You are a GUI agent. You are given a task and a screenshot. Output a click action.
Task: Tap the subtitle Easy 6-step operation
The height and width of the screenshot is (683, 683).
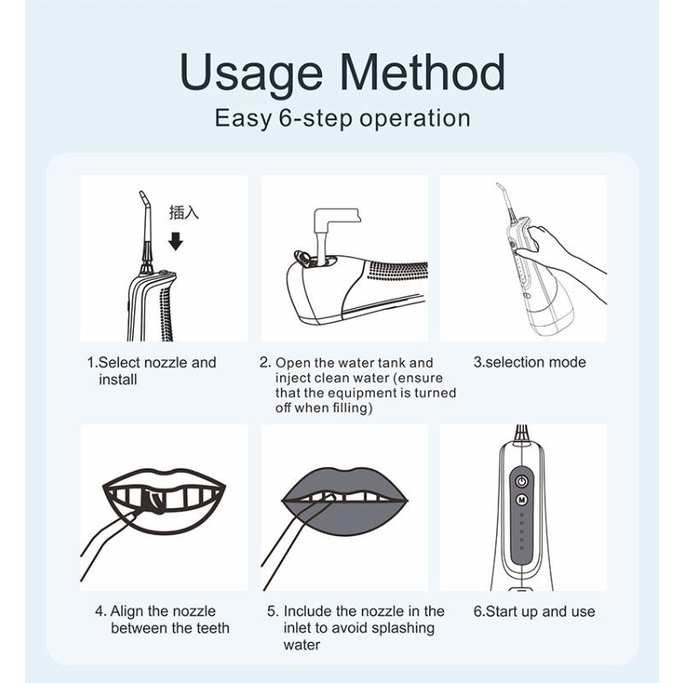(342, 118)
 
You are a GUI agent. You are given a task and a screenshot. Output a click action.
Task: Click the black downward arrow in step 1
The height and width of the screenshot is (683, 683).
(176, 242)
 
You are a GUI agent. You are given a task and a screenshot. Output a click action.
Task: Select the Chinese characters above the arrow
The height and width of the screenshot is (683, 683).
(184, 213)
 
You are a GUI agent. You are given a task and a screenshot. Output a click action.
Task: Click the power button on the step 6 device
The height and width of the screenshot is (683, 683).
(522, 482)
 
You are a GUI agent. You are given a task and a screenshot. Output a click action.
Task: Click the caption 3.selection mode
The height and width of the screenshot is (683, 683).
(529, 362)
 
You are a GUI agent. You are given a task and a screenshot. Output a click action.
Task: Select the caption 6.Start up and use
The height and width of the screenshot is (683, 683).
(534, 611)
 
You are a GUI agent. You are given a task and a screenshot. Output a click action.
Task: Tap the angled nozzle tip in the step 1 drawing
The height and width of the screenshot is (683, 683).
(143, 200)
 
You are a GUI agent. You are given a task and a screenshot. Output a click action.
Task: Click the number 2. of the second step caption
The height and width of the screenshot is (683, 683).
(266, 362)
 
